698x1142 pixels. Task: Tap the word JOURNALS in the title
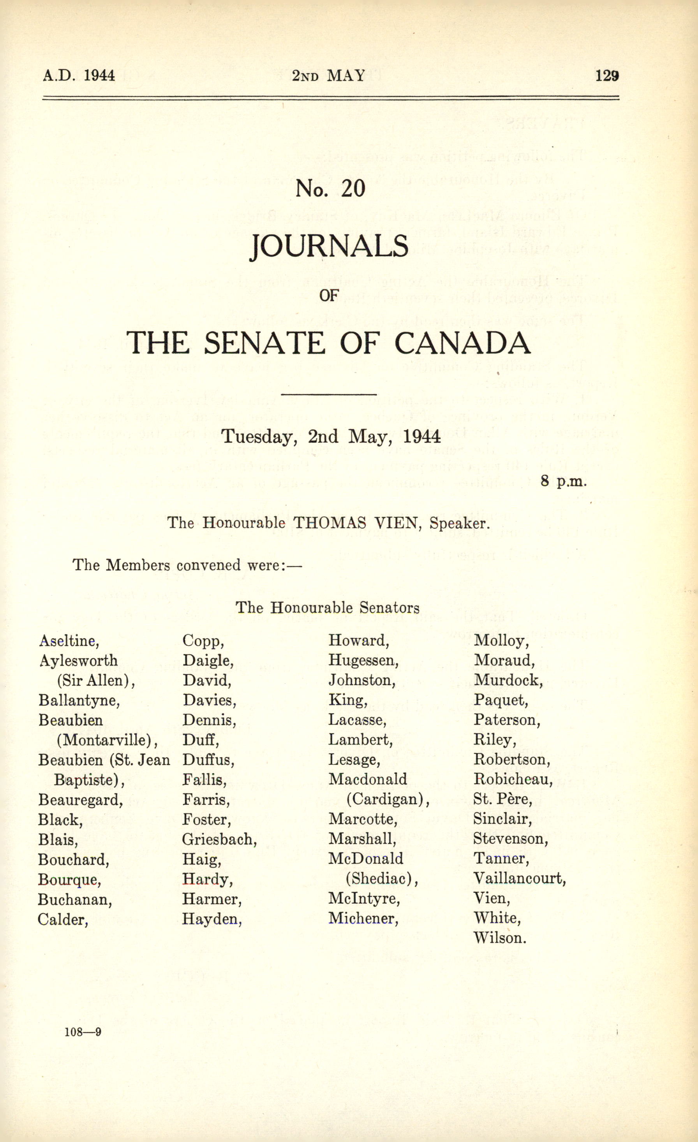[x=329, y=246]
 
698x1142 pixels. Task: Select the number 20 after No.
[x=353, y=188]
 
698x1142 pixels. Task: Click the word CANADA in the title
[x=462, y=343]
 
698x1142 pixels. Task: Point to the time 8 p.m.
[x=564, y=481]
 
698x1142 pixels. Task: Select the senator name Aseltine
[x=69, y=641]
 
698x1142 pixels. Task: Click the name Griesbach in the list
[x=219, y=839]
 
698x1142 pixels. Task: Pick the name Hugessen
[x=363, y=660]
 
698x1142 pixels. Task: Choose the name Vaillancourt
[x=519, y=878]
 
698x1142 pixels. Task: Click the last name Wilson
[x=499, y=938]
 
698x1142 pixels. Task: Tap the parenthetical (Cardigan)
[x=388, y=799]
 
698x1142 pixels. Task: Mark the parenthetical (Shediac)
[x=382, y=879]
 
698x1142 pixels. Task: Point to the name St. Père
[x=502, y=799]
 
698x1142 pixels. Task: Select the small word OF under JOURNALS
[x=329, y=295]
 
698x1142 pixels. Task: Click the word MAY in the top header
[x=346, y=76]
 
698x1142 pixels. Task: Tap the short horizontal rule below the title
[x=328, y=395]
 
